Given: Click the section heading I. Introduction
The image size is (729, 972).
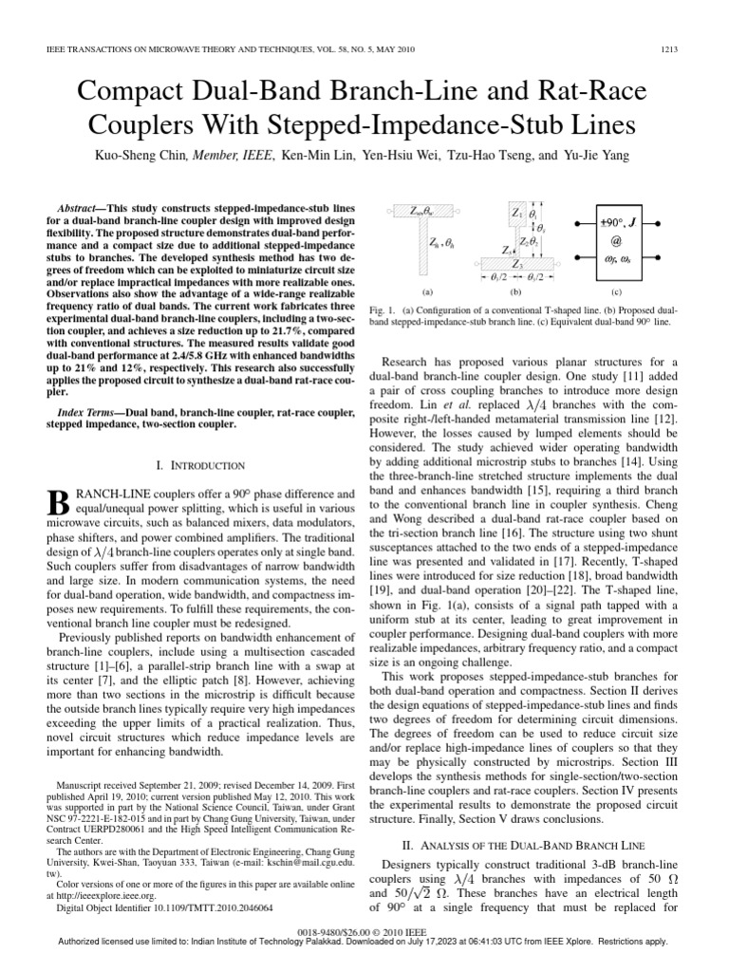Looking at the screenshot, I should tap(200, 465).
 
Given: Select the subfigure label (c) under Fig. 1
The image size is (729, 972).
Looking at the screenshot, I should tap(616, 292).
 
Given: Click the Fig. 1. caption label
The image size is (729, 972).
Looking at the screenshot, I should tap(392, 310).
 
